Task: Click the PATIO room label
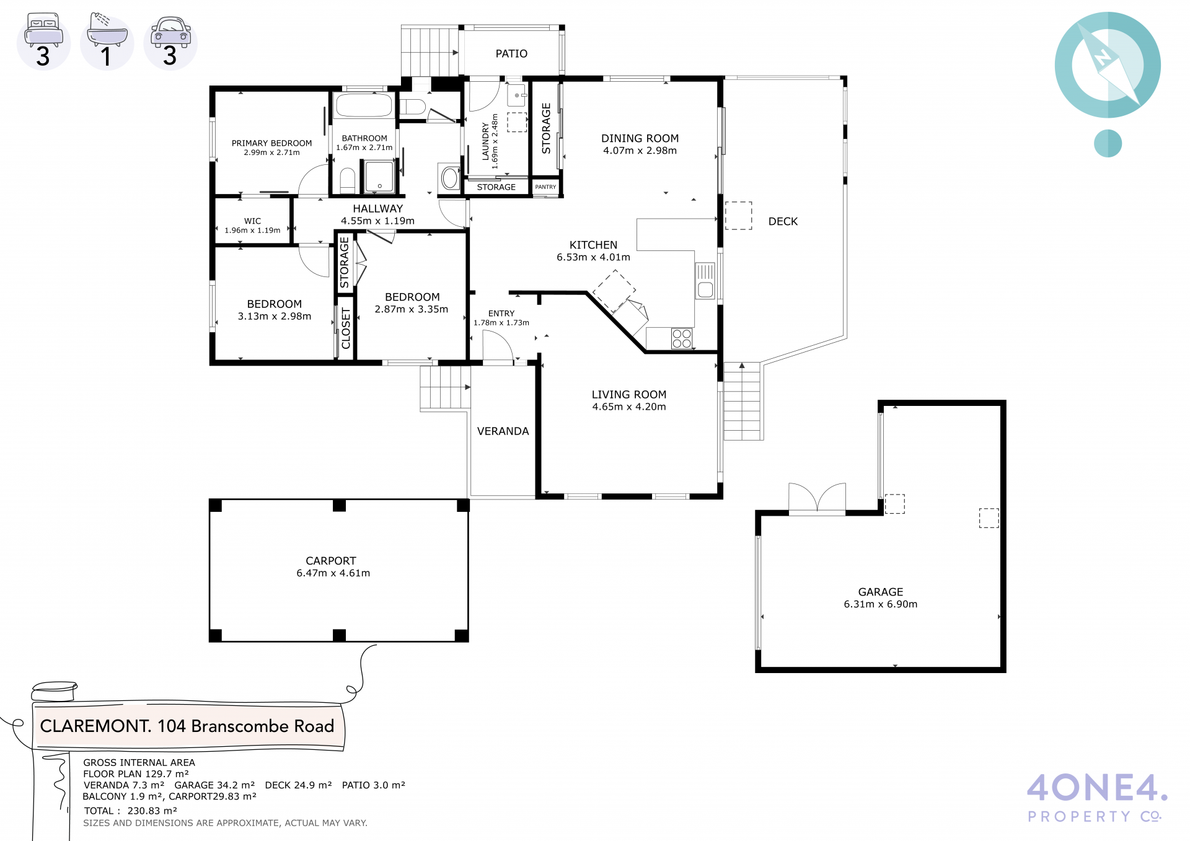point(511,54)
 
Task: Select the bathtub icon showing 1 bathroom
point(107,29)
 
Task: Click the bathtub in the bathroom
point(364,105)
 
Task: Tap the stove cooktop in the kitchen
point(682,339)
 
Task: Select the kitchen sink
point(705,281)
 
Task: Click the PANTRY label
point(545,187)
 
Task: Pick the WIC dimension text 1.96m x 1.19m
point(252,231)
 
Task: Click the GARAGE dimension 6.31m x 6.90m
point(881,604)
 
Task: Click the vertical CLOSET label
point(346,328)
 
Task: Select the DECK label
point(783,222)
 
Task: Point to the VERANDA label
point(503,431)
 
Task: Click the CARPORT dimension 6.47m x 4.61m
point(333,573)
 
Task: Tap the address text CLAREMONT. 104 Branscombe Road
point(187,726)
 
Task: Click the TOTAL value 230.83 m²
point(152,811)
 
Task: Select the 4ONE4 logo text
point(1097,788)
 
